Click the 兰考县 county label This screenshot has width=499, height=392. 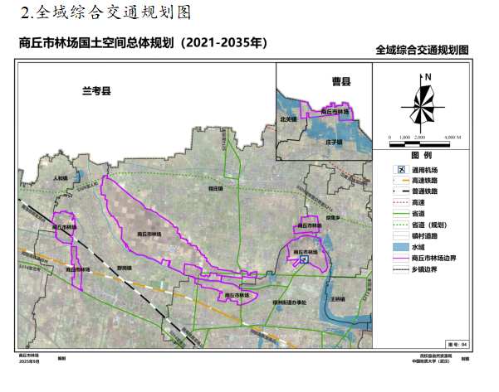click(x=96, y=90)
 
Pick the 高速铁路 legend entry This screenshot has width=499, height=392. click(x=423, y=181)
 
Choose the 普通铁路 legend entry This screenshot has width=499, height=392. click(x=423, y=191)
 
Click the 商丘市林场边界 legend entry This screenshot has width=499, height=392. click(x=432, y=258)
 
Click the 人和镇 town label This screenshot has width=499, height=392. click(x=59, y=178)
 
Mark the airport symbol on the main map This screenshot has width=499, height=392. click(x=304, y=259)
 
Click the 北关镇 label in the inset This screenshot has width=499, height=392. click(x=288, y=119)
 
